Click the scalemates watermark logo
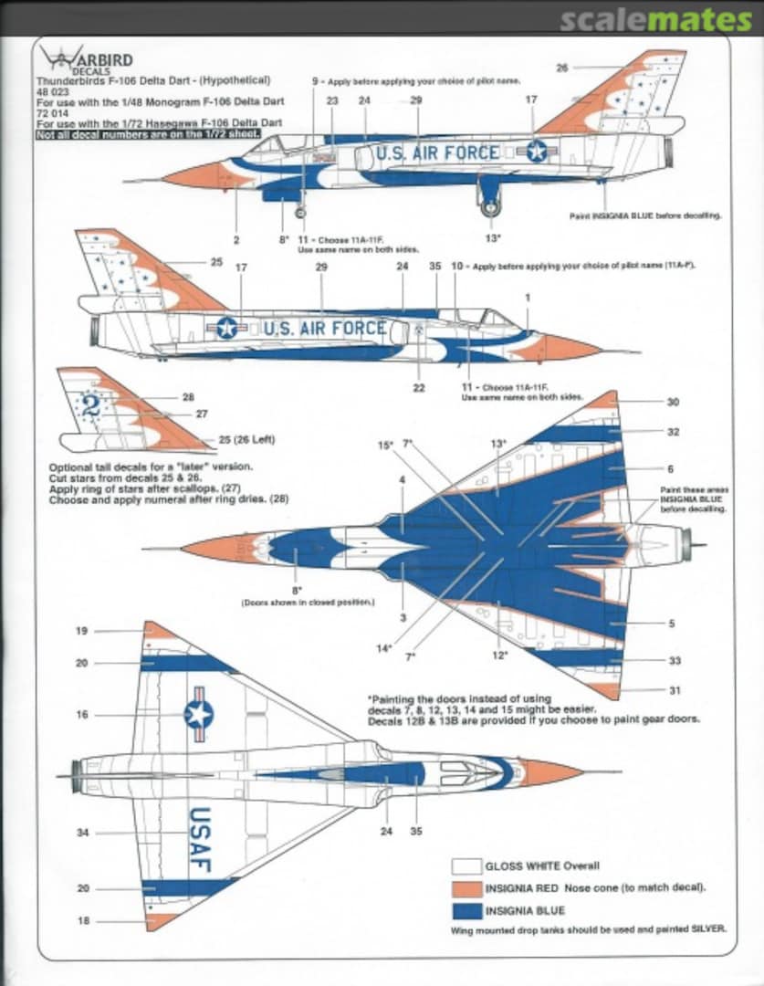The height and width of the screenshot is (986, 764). (655, 19)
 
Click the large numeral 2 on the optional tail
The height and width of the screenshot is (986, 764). (91, 404)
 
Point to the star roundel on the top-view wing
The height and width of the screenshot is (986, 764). (198, 714)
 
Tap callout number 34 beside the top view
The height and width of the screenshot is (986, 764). (82, 832)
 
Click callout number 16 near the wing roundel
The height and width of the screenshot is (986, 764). (82, 715)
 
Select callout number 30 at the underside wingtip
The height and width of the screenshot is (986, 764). (673, 402)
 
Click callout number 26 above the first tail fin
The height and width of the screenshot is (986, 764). (561, 68)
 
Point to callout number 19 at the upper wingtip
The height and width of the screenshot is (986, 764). (82, 631)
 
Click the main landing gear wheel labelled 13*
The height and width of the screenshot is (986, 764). (491, 208)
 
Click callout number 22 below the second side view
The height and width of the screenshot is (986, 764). (419, 388)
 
